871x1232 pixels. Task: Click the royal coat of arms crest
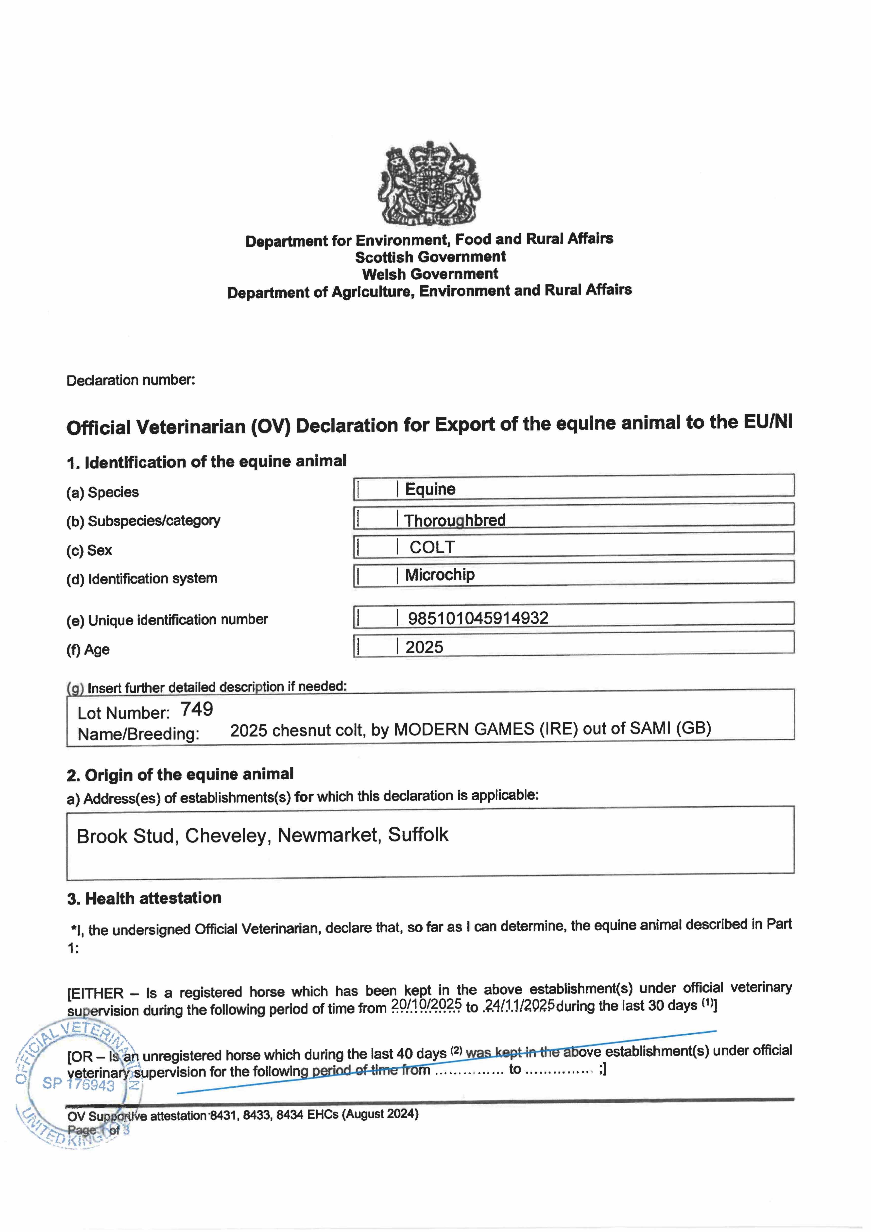[x=430, y=184]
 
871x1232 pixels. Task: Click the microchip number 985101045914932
[x=478, y=618]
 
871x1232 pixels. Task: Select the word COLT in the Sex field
[x=432, y=547]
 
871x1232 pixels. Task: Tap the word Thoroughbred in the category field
[x=455, y=520]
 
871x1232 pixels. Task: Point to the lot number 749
[x=196, y=709]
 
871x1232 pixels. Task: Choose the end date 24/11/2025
[x=519, y=1005]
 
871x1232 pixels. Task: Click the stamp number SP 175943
[x=78, y=1084]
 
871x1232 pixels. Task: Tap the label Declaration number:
[x=130, y=380]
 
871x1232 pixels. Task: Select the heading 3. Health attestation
[x=144, y=898]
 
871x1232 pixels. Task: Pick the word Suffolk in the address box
[x=418, y=834]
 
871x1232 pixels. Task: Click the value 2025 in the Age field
[x=424, y=647]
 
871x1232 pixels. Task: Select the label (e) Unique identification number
[x=167, y=620]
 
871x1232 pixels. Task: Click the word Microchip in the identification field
[x=440, y=575]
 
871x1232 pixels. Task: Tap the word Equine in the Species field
[x=430, y=489]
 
